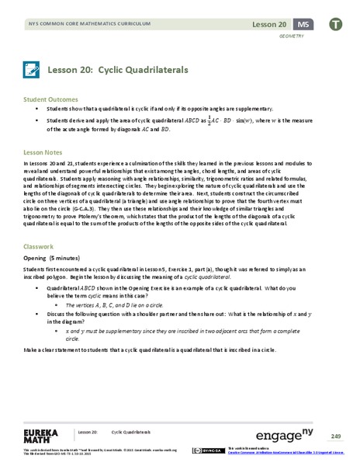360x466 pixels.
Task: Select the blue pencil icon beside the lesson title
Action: [32, 69]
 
